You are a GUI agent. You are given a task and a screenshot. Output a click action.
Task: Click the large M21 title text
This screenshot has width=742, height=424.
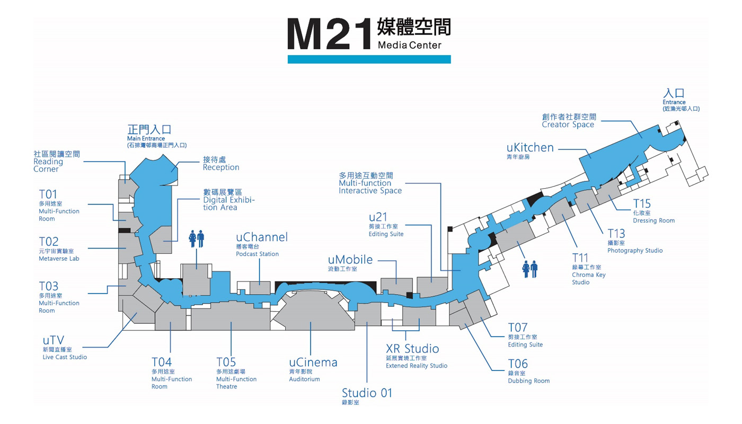coord(329,34)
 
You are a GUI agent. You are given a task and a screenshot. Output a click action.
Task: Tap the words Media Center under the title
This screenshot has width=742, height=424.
coord(409,45)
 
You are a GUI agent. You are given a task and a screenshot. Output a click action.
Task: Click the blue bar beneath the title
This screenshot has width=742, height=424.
coord(369,59)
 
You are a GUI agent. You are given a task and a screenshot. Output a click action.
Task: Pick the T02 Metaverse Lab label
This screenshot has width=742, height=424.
coord(59,249)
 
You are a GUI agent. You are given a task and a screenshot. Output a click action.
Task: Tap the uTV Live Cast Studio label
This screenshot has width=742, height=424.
coord(65,348)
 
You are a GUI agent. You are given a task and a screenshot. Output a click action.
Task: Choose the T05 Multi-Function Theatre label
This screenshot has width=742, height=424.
coord(236,373)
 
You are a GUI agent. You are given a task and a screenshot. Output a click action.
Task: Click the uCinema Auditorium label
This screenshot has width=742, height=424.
coord(313,370)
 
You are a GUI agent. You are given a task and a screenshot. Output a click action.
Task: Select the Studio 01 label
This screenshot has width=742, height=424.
coord(367,396)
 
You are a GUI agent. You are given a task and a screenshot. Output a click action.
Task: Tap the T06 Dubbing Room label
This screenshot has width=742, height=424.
coord(529,372)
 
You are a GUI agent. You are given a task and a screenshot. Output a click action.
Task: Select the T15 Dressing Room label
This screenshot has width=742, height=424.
coord(653,211)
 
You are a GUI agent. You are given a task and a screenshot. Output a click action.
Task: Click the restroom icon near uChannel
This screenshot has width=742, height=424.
coord(197,239)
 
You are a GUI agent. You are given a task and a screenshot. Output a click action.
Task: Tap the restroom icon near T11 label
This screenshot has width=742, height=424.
coord(529,269)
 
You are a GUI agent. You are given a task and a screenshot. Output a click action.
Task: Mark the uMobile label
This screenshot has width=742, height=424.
coord(350,263)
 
